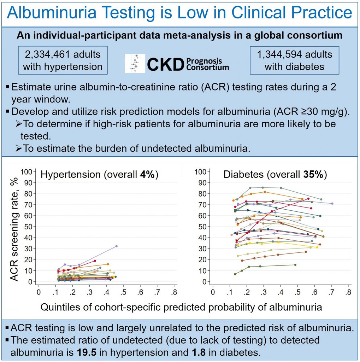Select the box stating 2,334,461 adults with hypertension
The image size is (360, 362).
[63, 60]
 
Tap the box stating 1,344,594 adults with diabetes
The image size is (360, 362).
[294, 60]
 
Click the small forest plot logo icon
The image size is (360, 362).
[136, 63]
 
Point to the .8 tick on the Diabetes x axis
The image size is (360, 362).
[348, 292]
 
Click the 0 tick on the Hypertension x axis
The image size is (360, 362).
[39, 292]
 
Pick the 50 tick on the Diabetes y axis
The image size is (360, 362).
[201, 227]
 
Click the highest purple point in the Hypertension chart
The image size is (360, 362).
[116, 246]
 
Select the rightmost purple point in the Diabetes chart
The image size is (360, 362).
[332, 204]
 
